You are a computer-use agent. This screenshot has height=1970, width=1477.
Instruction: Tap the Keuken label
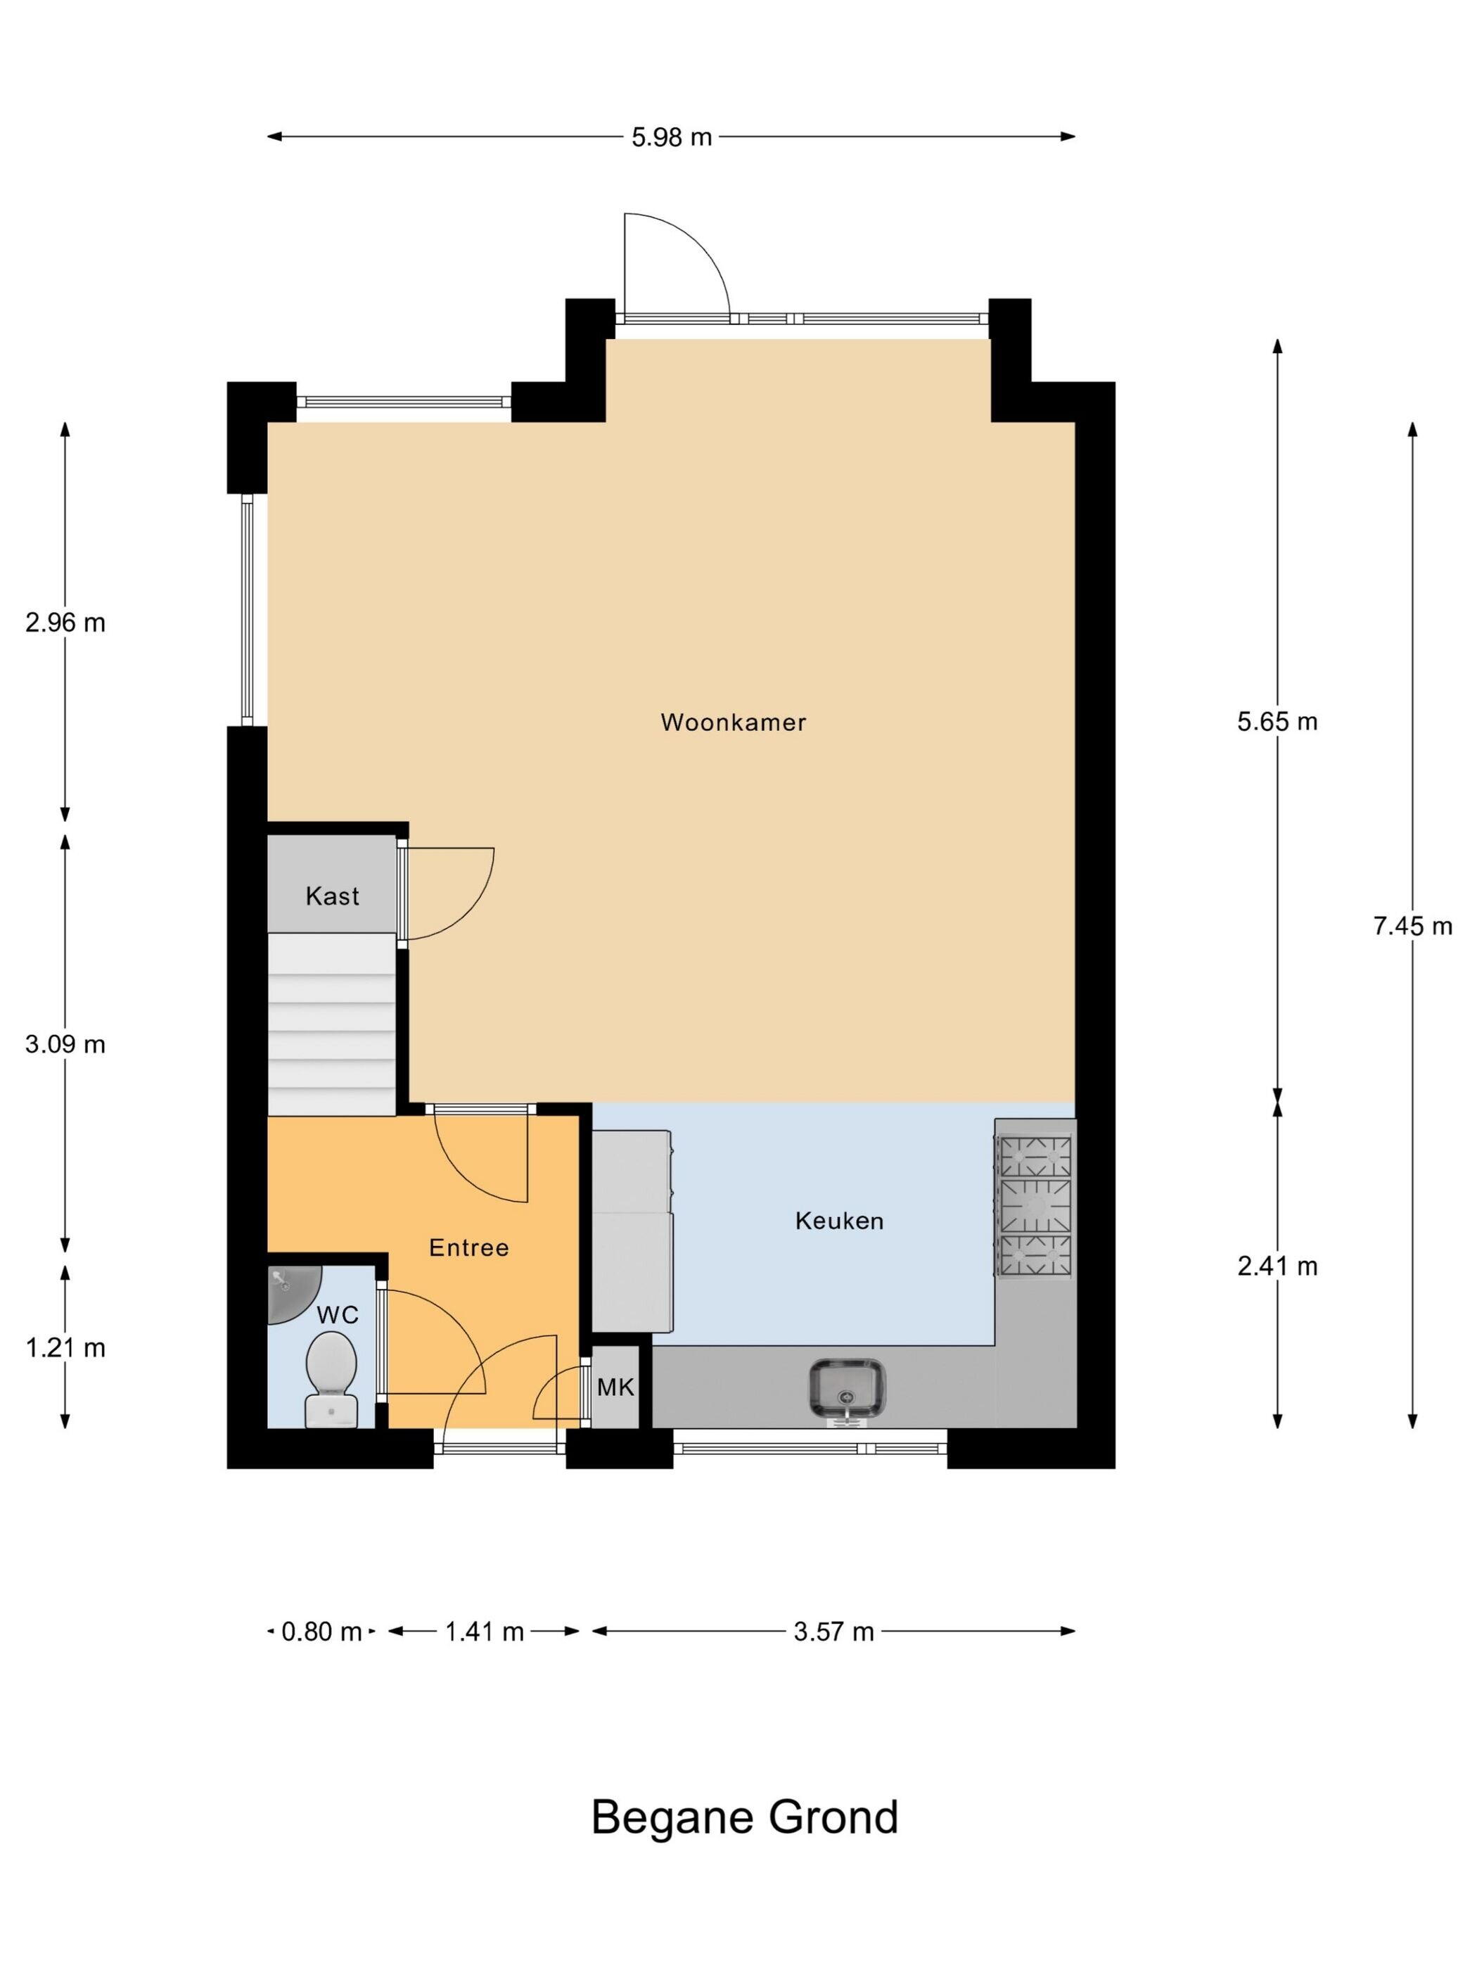[840, 1220]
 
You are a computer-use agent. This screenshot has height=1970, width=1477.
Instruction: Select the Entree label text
[468, 1247]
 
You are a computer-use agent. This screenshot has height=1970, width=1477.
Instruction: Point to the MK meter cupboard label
[615, 1387]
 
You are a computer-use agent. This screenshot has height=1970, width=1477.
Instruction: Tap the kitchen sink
[847, 1388]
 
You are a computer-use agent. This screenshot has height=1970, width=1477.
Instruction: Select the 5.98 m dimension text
[672, 137]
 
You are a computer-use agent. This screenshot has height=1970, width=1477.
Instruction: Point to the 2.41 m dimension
[1277, 1266]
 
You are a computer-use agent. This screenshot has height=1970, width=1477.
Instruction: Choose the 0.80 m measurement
[321, 1632]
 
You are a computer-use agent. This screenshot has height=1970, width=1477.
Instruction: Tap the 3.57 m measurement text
[833, 1632]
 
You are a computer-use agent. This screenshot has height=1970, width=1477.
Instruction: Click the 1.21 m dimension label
[65, 1348]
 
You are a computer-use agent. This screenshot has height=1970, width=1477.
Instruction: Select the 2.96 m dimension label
[65, 623]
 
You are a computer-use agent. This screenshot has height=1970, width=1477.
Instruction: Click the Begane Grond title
[744, 1818]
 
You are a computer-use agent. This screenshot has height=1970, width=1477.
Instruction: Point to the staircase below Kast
[331, 1024]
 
